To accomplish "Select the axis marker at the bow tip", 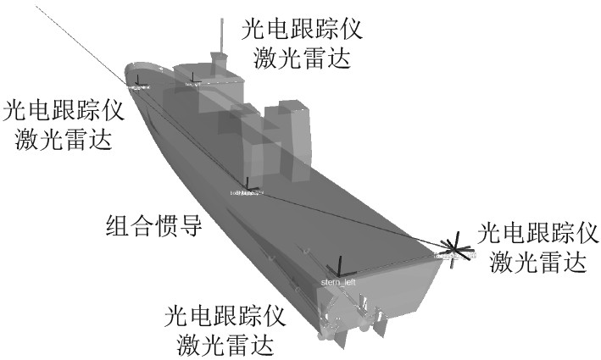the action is tap(138, 82).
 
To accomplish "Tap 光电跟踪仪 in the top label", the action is tap(302, 30).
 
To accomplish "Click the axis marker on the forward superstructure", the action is tap(194, 80).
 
